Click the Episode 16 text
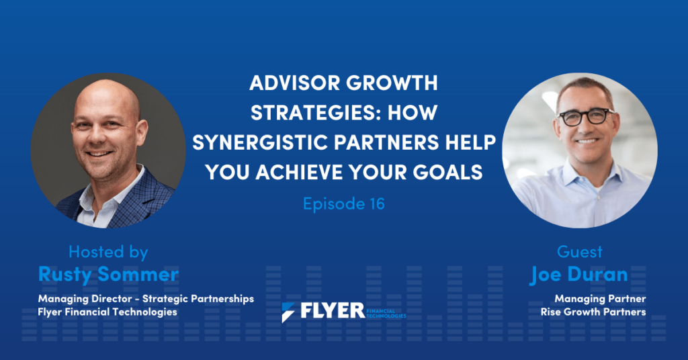pos(343,204)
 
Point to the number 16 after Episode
pos(376,204)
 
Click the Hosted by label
pos(108,252)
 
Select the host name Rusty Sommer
pos(108,275)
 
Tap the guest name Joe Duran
pos(579,275)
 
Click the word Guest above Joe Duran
pos(580,252)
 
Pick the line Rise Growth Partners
pos(593,312)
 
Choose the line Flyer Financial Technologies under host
pos(107,312)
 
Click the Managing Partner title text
pos(600,299)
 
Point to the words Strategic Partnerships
pos(198,299)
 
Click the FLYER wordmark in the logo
pos(333,311)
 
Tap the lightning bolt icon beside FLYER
pos(288,312)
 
